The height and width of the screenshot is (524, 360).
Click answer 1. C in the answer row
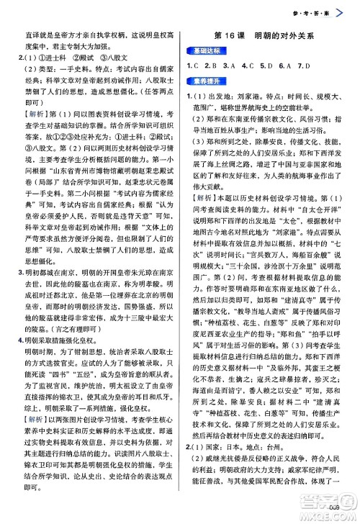(x=193, y=67)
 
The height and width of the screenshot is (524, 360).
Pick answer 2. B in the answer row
(x=212, y=67)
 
